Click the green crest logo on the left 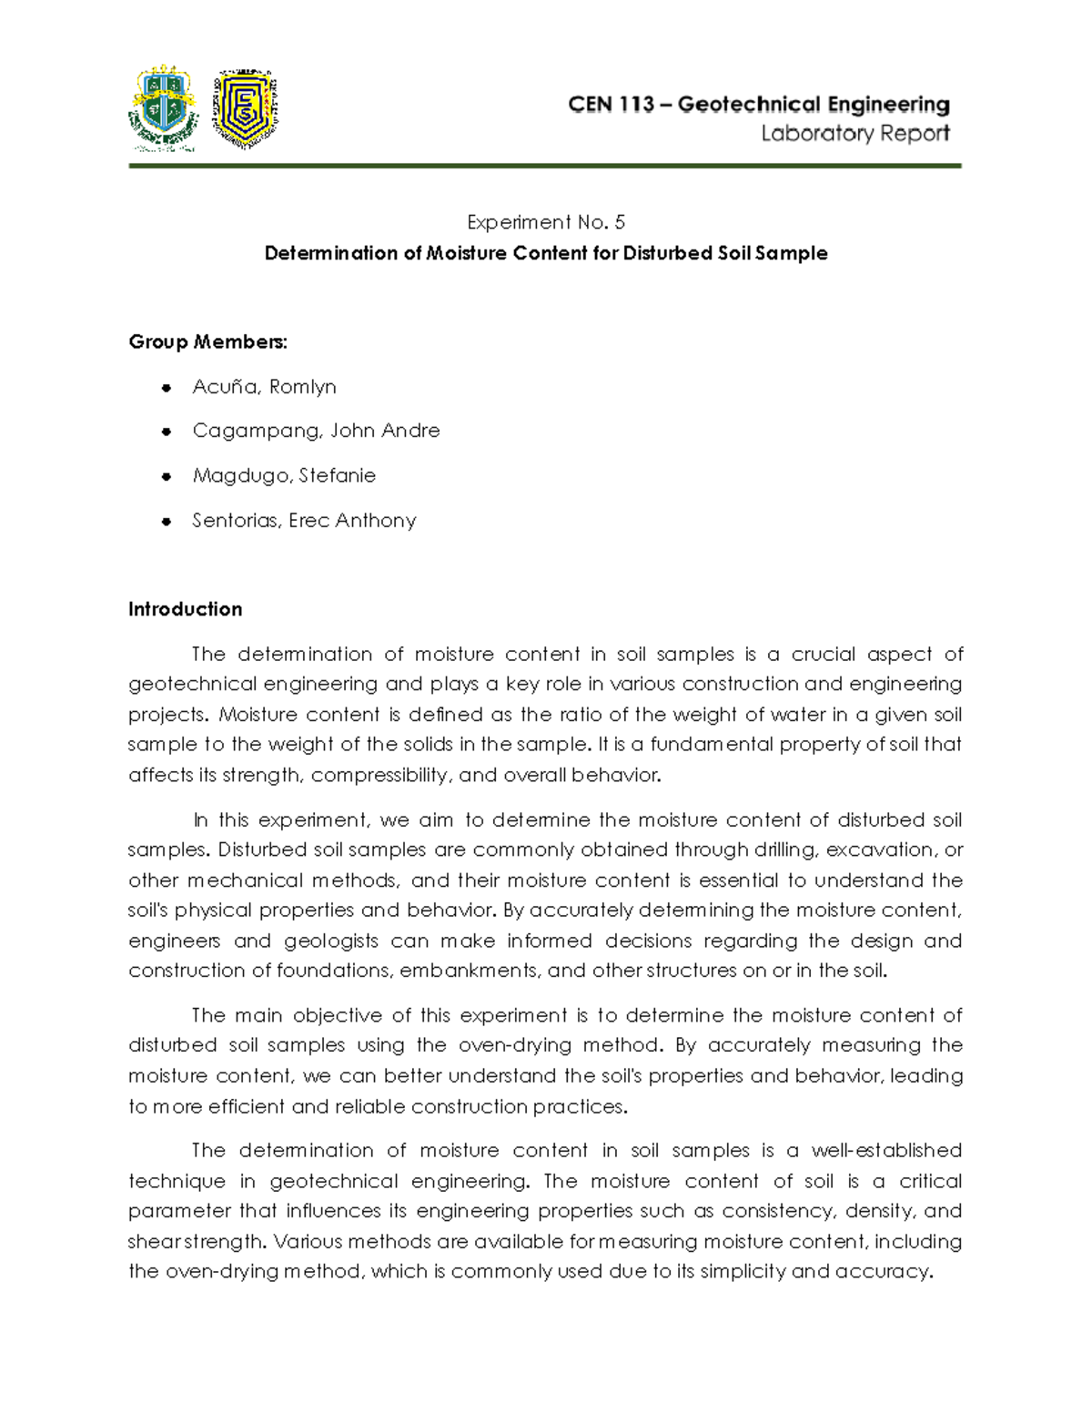tap(164, 107)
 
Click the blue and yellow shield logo tap(244, 107)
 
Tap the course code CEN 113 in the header tap(611, 105)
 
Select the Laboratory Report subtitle tap(854, 134)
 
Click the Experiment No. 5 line tap(545, 222)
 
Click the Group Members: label tap(207, 341)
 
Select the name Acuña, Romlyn tap(264, 387)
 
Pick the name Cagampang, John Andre tap(316, 431)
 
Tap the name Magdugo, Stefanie tap(284, 475)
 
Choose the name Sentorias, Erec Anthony tap(304, 521)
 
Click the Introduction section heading tap(185, 609)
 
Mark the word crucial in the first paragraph tap(823, 654)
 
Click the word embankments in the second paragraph tap(469, 971)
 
